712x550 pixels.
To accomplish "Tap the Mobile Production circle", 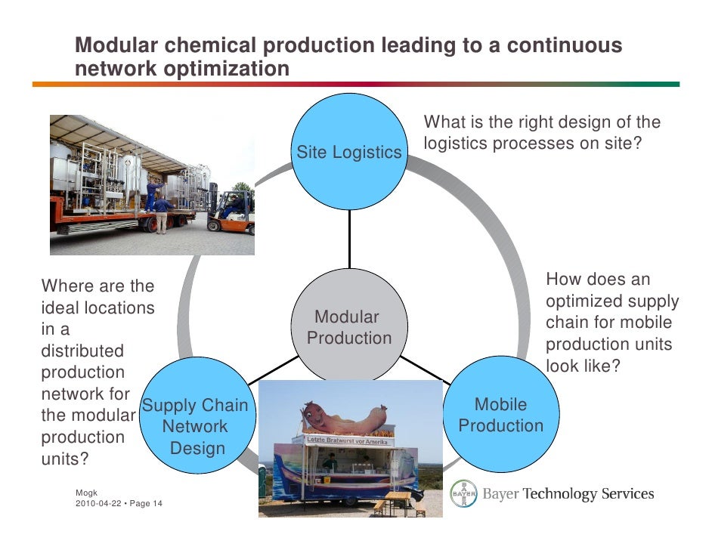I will tap(500, 415).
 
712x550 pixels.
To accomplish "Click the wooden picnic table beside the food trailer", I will tap(398, 499).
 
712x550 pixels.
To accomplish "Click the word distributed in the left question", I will tap(82, 351).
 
